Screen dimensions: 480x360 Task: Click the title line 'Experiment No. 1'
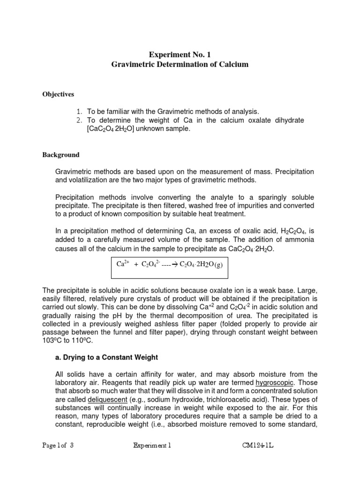pos(180,54)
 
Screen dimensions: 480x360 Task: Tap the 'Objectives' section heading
pos(59,94)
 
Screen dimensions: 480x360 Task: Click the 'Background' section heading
pos(61,155)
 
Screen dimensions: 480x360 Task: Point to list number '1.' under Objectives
pos(79,112)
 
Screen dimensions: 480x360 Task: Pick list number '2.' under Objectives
pos(79,120)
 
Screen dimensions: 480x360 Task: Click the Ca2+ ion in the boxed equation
pos(123,264)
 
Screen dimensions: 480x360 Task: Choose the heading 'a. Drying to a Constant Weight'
pos(106,357)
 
